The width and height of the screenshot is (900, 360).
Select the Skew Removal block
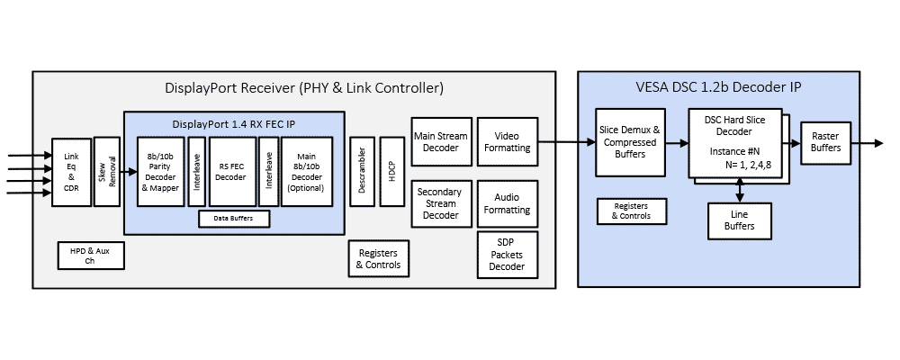(x=106, y=173)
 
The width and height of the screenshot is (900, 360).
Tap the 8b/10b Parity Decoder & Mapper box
(x=159, y=172)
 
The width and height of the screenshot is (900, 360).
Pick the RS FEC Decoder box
(x=232, y=172)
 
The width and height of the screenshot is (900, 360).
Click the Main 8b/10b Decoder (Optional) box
(x=307, y=172)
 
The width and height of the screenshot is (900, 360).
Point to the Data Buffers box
(x=233, y=219)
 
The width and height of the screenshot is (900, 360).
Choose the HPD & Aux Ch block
(x=89, y=256)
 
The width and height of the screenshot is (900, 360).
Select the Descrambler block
(x=361, y=172)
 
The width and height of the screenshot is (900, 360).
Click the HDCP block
(x=392, y=172)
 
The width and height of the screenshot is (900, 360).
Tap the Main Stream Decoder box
(x=441, y=141)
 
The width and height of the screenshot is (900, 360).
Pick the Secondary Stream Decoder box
(x=441, y=203)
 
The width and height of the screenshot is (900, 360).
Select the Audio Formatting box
(x=506, y=203)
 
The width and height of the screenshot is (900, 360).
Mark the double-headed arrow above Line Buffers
(x=739, y=189)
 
